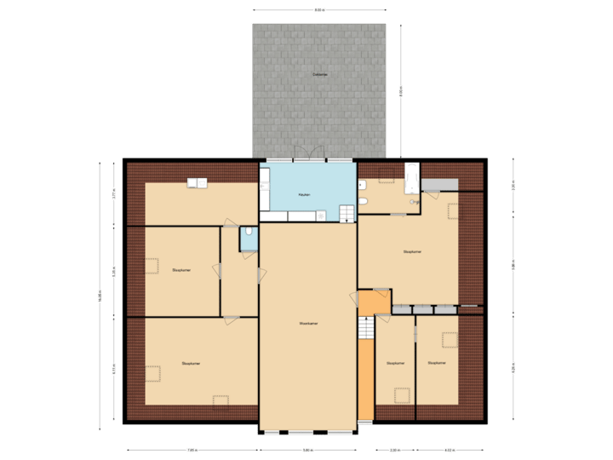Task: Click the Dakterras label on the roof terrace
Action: [320, 75]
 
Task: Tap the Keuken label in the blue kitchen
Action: [304, 195]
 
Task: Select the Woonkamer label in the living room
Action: [308, 324]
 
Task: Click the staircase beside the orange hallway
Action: [365, 327]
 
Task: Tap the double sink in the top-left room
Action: [199, 181]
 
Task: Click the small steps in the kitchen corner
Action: [347, 213]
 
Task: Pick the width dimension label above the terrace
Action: [319, 10]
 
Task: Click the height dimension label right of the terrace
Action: [401, 90]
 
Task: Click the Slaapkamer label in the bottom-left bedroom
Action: [191, 364]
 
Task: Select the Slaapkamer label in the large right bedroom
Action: [413, 252]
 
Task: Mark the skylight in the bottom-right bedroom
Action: [448, 340]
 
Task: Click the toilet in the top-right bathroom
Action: [364, 202]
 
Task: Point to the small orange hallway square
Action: [373, 302]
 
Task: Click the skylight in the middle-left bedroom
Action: [152, 266]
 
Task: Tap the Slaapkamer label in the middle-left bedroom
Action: [180, 270]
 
